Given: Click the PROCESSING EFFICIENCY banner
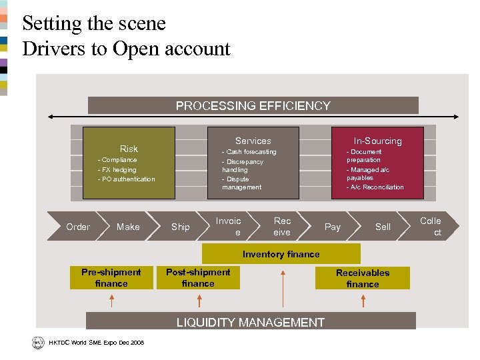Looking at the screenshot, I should coord(253,105).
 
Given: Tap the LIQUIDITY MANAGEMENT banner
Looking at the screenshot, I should coord(251,322).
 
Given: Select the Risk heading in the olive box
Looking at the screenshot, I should coord(129,149).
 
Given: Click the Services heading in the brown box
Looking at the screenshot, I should coord(253,141).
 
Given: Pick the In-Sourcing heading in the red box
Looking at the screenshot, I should coord(377,141).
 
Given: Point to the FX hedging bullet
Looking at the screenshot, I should coord(117,169).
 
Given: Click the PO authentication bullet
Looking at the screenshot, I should coord(126,179).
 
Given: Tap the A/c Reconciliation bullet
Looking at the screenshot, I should coord(375,187).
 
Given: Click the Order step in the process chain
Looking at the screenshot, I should coord(78,227).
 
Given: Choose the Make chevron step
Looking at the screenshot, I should coord(128,227).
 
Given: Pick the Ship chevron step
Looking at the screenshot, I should coord(180,227).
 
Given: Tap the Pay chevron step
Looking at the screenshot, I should coord(332,227).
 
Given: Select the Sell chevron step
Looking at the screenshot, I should coord(383,227).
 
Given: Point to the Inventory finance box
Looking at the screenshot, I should coord(281,254).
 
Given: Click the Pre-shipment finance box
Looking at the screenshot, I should coord(111,277).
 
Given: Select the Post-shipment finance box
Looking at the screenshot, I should coord(198,277).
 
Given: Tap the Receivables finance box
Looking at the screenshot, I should coord(362,278).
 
